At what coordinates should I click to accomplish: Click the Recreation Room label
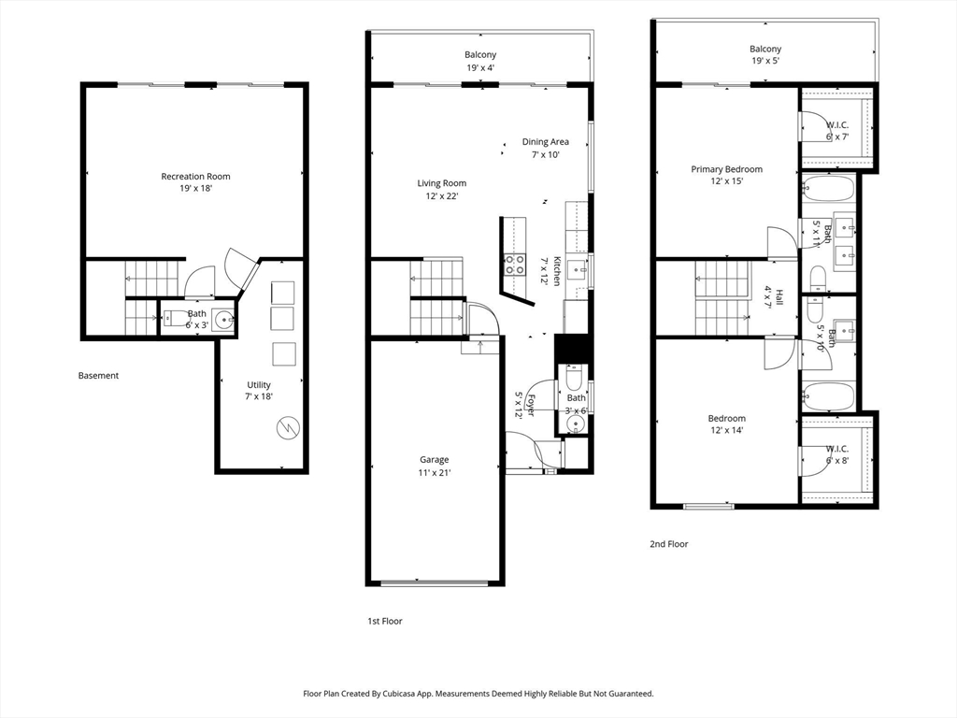click(195, 182)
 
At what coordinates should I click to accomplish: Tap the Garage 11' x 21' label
click(434, 466)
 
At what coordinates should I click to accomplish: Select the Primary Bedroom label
click(726, 175)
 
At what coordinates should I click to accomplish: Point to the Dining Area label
click(545, 148)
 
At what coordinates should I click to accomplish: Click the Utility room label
click(259, 390)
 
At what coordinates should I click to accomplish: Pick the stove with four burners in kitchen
click(514, 265)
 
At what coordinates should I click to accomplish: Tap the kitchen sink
click(576, 268)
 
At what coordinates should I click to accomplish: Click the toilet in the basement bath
click(174, 318)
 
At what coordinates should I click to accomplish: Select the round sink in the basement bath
click(223, 319)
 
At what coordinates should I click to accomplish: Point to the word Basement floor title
click(98, 376)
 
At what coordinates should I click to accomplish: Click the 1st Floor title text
click(384, 621)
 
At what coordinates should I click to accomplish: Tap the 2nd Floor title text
click(668, 544)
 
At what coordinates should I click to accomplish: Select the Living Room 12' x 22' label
click(442, 189)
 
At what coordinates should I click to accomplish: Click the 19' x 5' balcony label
click(765, 54)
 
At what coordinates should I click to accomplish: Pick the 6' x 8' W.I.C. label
click(836, 455)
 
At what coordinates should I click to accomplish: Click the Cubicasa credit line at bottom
click(478, 694)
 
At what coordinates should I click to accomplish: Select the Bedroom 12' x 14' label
click(726, 424)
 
